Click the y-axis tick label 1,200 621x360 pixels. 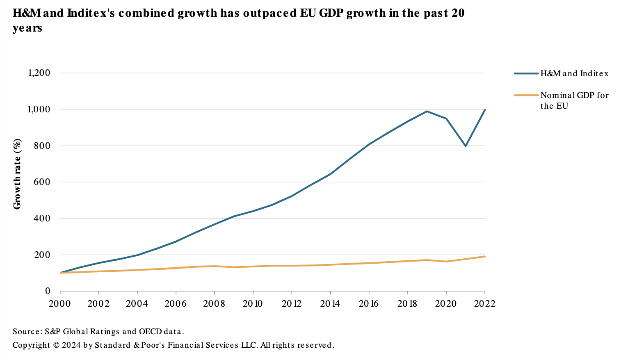[x=39, y=73]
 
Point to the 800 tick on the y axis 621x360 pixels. [x=43, y=146]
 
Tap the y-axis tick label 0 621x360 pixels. [x=48, y=291]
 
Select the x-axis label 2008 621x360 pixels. [x=214, y=304]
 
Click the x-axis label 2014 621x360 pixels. [x=330, y=304]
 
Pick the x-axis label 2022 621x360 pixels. [x=484, y=304]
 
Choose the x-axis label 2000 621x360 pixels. [x=60, y=304]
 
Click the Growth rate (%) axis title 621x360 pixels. [x=17, y=174]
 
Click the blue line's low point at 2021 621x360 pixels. [x=466, y=146]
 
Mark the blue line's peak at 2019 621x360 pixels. [x=427, y=111]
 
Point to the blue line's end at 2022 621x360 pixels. [x=485, y=110]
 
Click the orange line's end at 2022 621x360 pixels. [x=485, y=256]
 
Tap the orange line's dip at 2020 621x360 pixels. [x=446, y=262]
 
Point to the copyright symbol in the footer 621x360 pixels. [x=56, y=345]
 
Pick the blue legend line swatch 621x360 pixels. [x=526, y=74]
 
